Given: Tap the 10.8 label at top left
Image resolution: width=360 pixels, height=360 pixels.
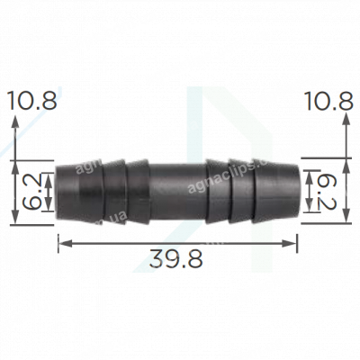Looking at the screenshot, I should (x=31, y=102).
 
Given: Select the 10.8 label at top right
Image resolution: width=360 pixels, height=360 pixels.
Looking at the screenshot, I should (x=328, y=102).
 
